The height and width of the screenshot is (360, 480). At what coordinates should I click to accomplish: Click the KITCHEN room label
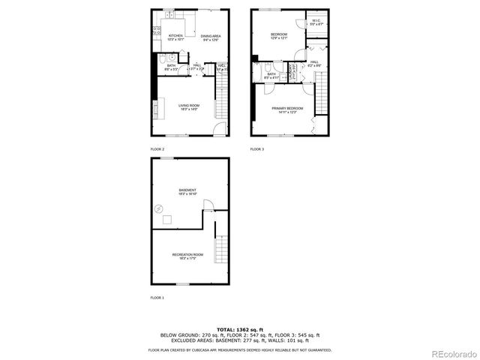pos(176,37)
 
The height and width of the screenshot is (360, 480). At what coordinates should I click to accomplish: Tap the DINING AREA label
pos(211,37)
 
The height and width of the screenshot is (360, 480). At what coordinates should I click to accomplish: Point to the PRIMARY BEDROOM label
pos(284,110)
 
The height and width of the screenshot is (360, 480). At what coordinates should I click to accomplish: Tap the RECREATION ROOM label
pos(187,256)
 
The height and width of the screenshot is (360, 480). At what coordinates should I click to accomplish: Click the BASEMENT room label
pos(187,191)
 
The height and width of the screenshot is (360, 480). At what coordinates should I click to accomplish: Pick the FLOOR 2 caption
pos(157,149)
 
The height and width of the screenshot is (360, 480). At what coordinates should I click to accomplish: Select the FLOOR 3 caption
pos(257,149)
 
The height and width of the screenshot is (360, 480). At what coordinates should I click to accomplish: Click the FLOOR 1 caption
pos(157,297)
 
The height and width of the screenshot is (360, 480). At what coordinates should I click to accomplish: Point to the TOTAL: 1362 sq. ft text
pos(239,328)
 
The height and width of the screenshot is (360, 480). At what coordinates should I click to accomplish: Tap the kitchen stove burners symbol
pos(157,31)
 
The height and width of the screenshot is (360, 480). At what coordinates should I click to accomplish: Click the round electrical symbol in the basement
pos(159,208)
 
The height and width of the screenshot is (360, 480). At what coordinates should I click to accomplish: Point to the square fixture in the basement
pos(168,220)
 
